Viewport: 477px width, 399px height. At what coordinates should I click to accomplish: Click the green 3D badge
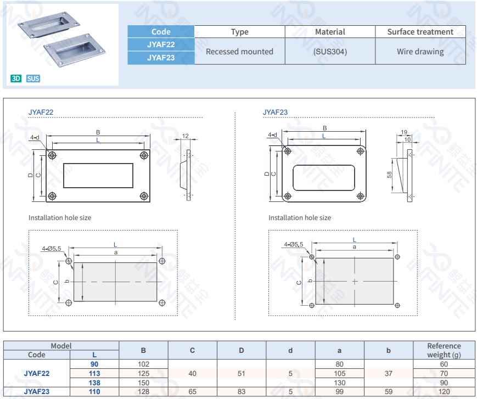tap(16, 78)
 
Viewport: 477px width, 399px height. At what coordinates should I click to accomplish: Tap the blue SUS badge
tap(33, 78)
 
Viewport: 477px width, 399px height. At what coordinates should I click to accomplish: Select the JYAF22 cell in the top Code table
tap(161, 44)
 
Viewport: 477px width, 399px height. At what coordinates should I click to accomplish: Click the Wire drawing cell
tap(420, 52)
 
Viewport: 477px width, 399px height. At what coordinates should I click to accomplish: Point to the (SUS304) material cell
tap(330, 52)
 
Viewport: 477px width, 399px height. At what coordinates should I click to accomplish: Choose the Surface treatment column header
tap(420, 32)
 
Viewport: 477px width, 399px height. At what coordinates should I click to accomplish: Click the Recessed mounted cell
tap(239, 52)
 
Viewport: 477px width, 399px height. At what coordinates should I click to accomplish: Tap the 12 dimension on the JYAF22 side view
tap(185, 136)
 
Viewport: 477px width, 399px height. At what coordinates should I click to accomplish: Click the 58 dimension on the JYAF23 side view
tap(389, 175)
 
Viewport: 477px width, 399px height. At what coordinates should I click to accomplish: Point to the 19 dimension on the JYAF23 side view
tap(404, 132)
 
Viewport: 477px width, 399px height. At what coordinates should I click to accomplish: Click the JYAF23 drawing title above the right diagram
tap(275, 113)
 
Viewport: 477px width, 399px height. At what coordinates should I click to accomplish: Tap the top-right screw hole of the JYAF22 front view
tap(144, 156)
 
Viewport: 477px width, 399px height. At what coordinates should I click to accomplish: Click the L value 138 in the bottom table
tap(94, 383)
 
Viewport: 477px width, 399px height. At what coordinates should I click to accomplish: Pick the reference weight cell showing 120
tap(444, 391)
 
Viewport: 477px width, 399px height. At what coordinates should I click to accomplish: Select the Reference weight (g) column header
tap(444, 350)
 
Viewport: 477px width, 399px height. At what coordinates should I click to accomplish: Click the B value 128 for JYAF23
tap(143, 391)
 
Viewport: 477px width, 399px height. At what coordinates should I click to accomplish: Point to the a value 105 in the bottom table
tap(339, 373)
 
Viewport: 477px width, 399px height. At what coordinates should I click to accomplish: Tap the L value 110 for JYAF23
tap(94, 391)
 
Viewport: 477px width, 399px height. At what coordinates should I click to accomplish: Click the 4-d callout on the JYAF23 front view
tap(272, 134)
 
